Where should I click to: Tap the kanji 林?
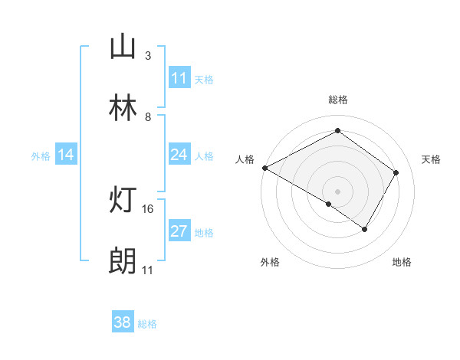123,109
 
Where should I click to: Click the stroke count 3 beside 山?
147,56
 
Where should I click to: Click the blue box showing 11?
179,78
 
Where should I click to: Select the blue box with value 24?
179,155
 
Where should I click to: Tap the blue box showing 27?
179,231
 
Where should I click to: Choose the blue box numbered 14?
65,155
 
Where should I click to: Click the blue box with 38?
122,322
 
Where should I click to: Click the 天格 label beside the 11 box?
204,79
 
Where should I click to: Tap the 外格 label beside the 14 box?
41,155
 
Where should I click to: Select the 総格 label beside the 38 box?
147,323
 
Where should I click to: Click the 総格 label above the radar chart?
337,100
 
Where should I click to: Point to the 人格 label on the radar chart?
245,159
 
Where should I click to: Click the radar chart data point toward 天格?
396,172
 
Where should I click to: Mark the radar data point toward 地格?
365,229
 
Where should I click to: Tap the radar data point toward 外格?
329,204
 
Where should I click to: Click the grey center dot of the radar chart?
337,191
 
